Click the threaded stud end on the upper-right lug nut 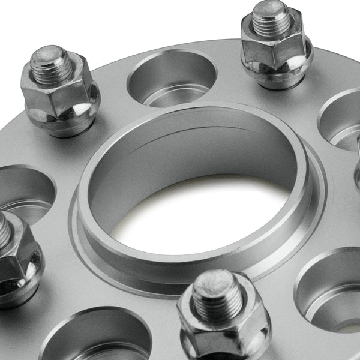(271, 18)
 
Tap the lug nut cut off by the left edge (18, 258)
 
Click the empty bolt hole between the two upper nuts (172, 78)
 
